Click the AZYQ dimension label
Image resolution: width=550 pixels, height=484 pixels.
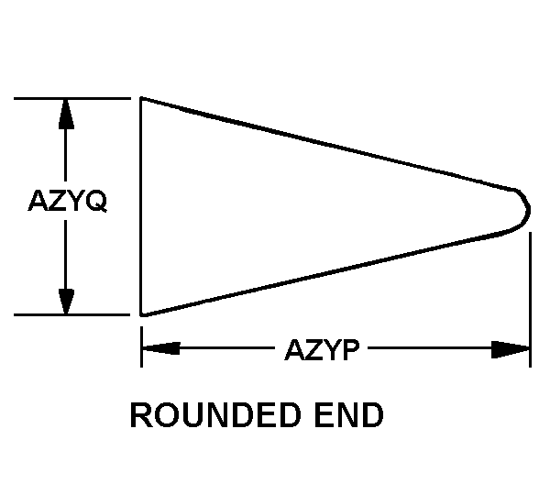point(69,202)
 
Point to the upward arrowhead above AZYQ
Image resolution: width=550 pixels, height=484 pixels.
point(66,112)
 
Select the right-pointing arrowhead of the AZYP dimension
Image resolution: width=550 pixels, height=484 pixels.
point(511,349)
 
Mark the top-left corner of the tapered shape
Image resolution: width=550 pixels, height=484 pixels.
point(140,98)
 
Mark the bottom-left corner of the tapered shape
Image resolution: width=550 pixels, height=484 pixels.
point(140,314)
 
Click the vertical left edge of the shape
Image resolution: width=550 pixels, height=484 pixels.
point(140,206)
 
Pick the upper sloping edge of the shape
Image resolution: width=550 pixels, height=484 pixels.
point(330,143)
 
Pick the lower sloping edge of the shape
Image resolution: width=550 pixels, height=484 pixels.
point(330,270)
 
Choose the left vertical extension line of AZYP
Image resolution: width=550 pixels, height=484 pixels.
point(141,348)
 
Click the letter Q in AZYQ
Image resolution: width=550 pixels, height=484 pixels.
point(96,202)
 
